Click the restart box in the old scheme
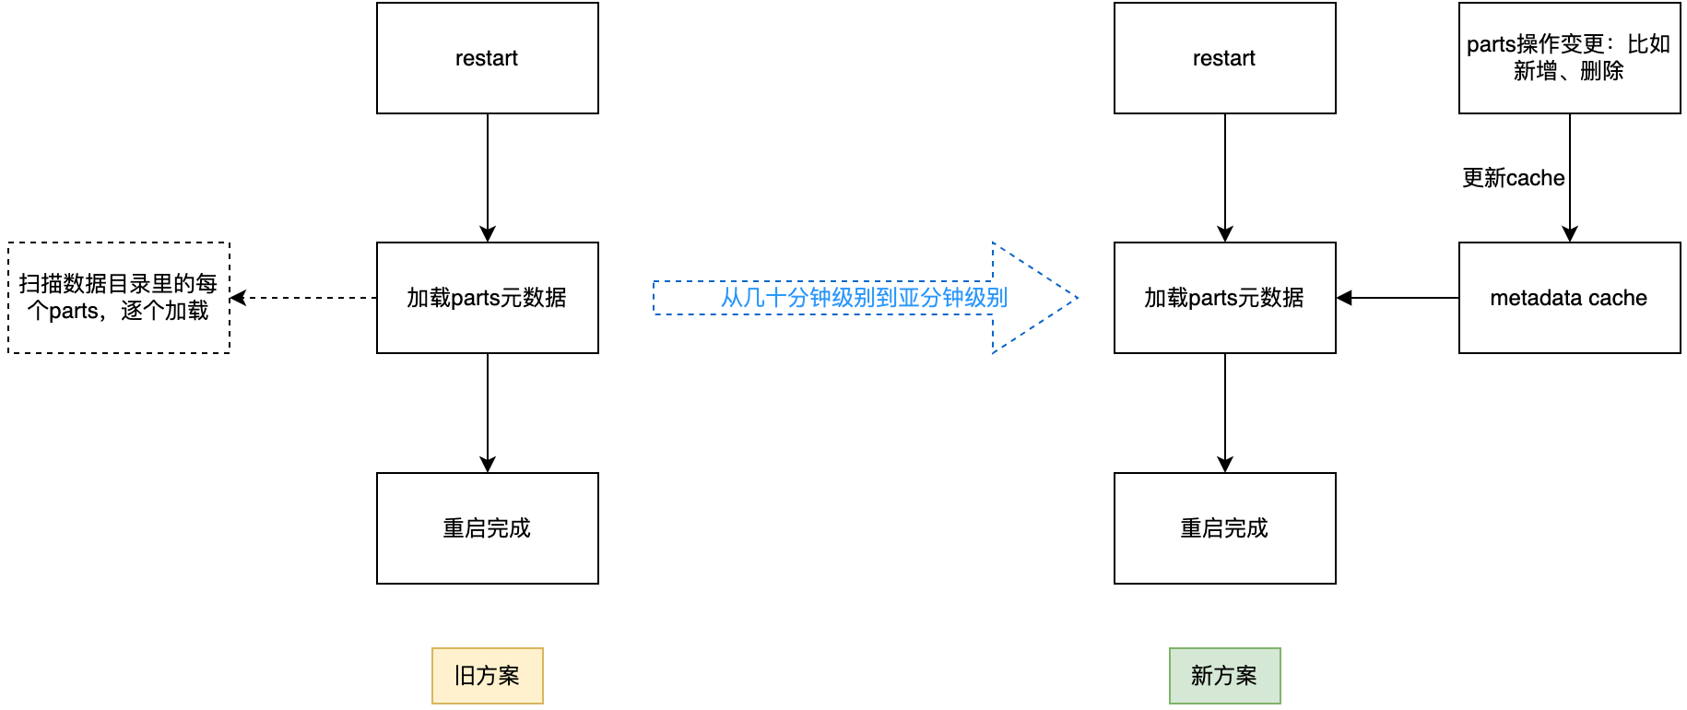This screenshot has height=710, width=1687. (487, 58)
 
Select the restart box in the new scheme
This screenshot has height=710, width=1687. (1224, 58)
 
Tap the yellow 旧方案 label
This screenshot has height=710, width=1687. (487, 676)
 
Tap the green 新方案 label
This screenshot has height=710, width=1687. (1224, 676)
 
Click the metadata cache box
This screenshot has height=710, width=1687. (1569, 298)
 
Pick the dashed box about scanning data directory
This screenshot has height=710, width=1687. (118, 298)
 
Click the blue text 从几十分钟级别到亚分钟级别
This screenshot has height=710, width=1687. (864, 298)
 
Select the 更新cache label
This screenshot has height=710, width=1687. (1513, 178)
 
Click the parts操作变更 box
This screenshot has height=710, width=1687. (1569, 58)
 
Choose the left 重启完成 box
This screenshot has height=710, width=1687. (487, 528)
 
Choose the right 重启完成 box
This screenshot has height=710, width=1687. (1224, 528)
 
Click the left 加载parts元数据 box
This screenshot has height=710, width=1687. (487, 298)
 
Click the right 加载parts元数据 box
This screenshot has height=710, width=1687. (1224, 298)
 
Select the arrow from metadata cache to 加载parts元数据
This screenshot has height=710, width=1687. (1398, 298)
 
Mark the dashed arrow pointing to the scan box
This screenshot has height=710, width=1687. (304, 298)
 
